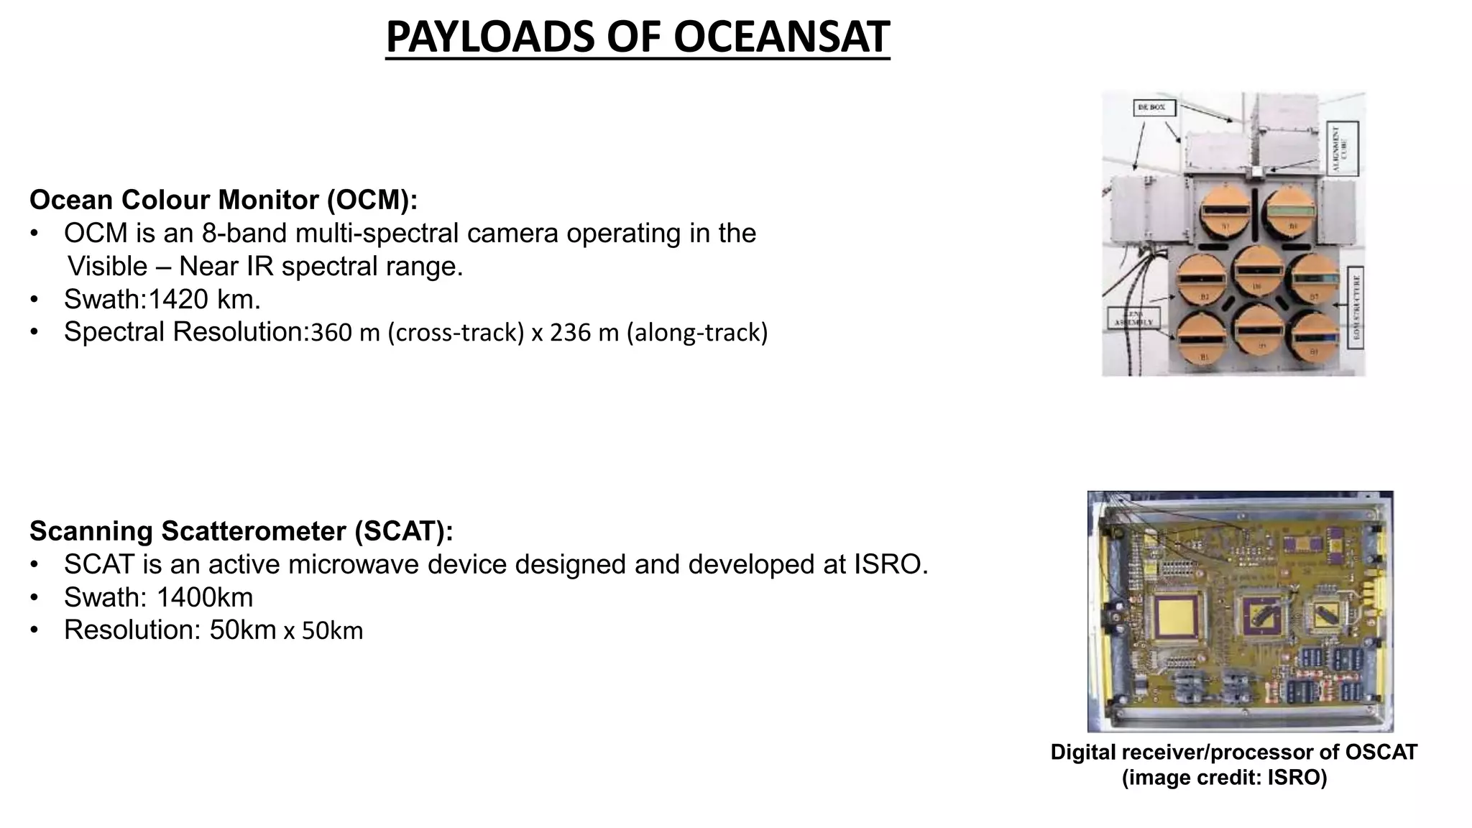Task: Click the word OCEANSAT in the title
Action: coord(781,37)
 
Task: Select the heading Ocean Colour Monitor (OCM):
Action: coord(224,200)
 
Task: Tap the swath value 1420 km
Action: coord(204,299)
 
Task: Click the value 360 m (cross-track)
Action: coord(417,333)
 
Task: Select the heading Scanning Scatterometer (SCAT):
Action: coord(241,531)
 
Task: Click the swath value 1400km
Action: coord(204,598)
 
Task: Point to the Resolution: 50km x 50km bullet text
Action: coord(213,630)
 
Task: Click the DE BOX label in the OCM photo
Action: coord(1154,108)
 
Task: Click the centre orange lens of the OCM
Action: coord(1258,270)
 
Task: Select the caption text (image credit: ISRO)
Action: coord(1224,778)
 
